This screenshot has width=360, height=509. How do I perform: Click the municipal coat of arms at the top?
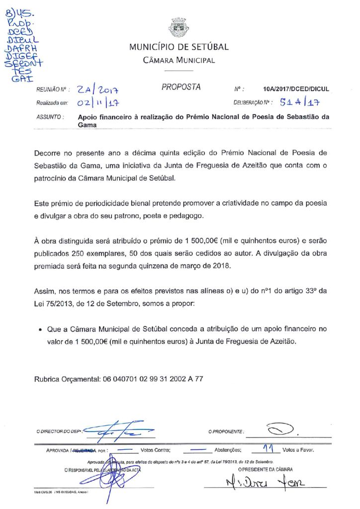[179, 27]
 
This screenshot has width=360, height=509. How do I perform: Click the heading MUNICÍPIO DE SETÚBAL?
[179, 47]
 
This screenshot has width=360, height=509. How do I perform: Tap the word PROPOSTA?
[181, 87]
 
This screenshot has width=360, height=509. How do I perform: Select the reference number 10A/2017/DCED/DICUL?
[296, 90]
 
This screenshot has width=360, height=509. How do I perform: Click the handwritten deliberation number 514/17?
[300, 103]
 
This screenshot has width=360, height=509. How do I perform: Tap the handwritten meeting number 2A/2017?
[100, 90]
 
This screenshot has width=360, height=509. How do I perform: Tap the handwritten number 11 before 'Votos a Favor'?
[269, 449]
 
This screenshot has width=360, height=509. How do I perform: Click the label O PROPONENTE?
[226, 431]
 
